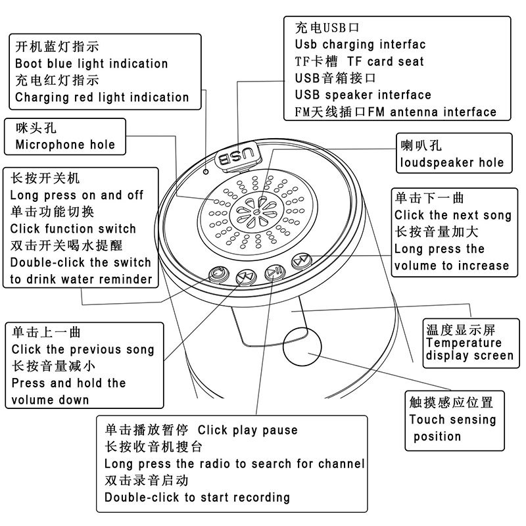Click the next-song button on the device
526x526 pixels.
point(300,261)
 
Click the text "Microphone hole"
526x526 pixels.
point(64,145)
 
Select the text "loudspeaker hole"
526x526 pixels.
point(452,162)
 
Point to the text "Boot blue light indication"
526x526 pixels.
point(91,64)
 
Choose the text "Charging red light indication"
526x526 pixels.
point(102,97)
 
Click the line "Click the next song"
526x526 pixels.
point(452,215)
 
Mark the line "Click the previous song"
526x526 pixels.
point(83,350)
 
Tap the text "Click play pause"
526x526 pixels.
point(248,431)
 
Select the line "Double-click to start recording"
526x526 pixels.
point(197,498)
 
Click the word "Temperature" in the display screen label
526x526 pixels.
point(464,343)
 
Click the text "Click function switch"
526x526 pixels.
point(74,229)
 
